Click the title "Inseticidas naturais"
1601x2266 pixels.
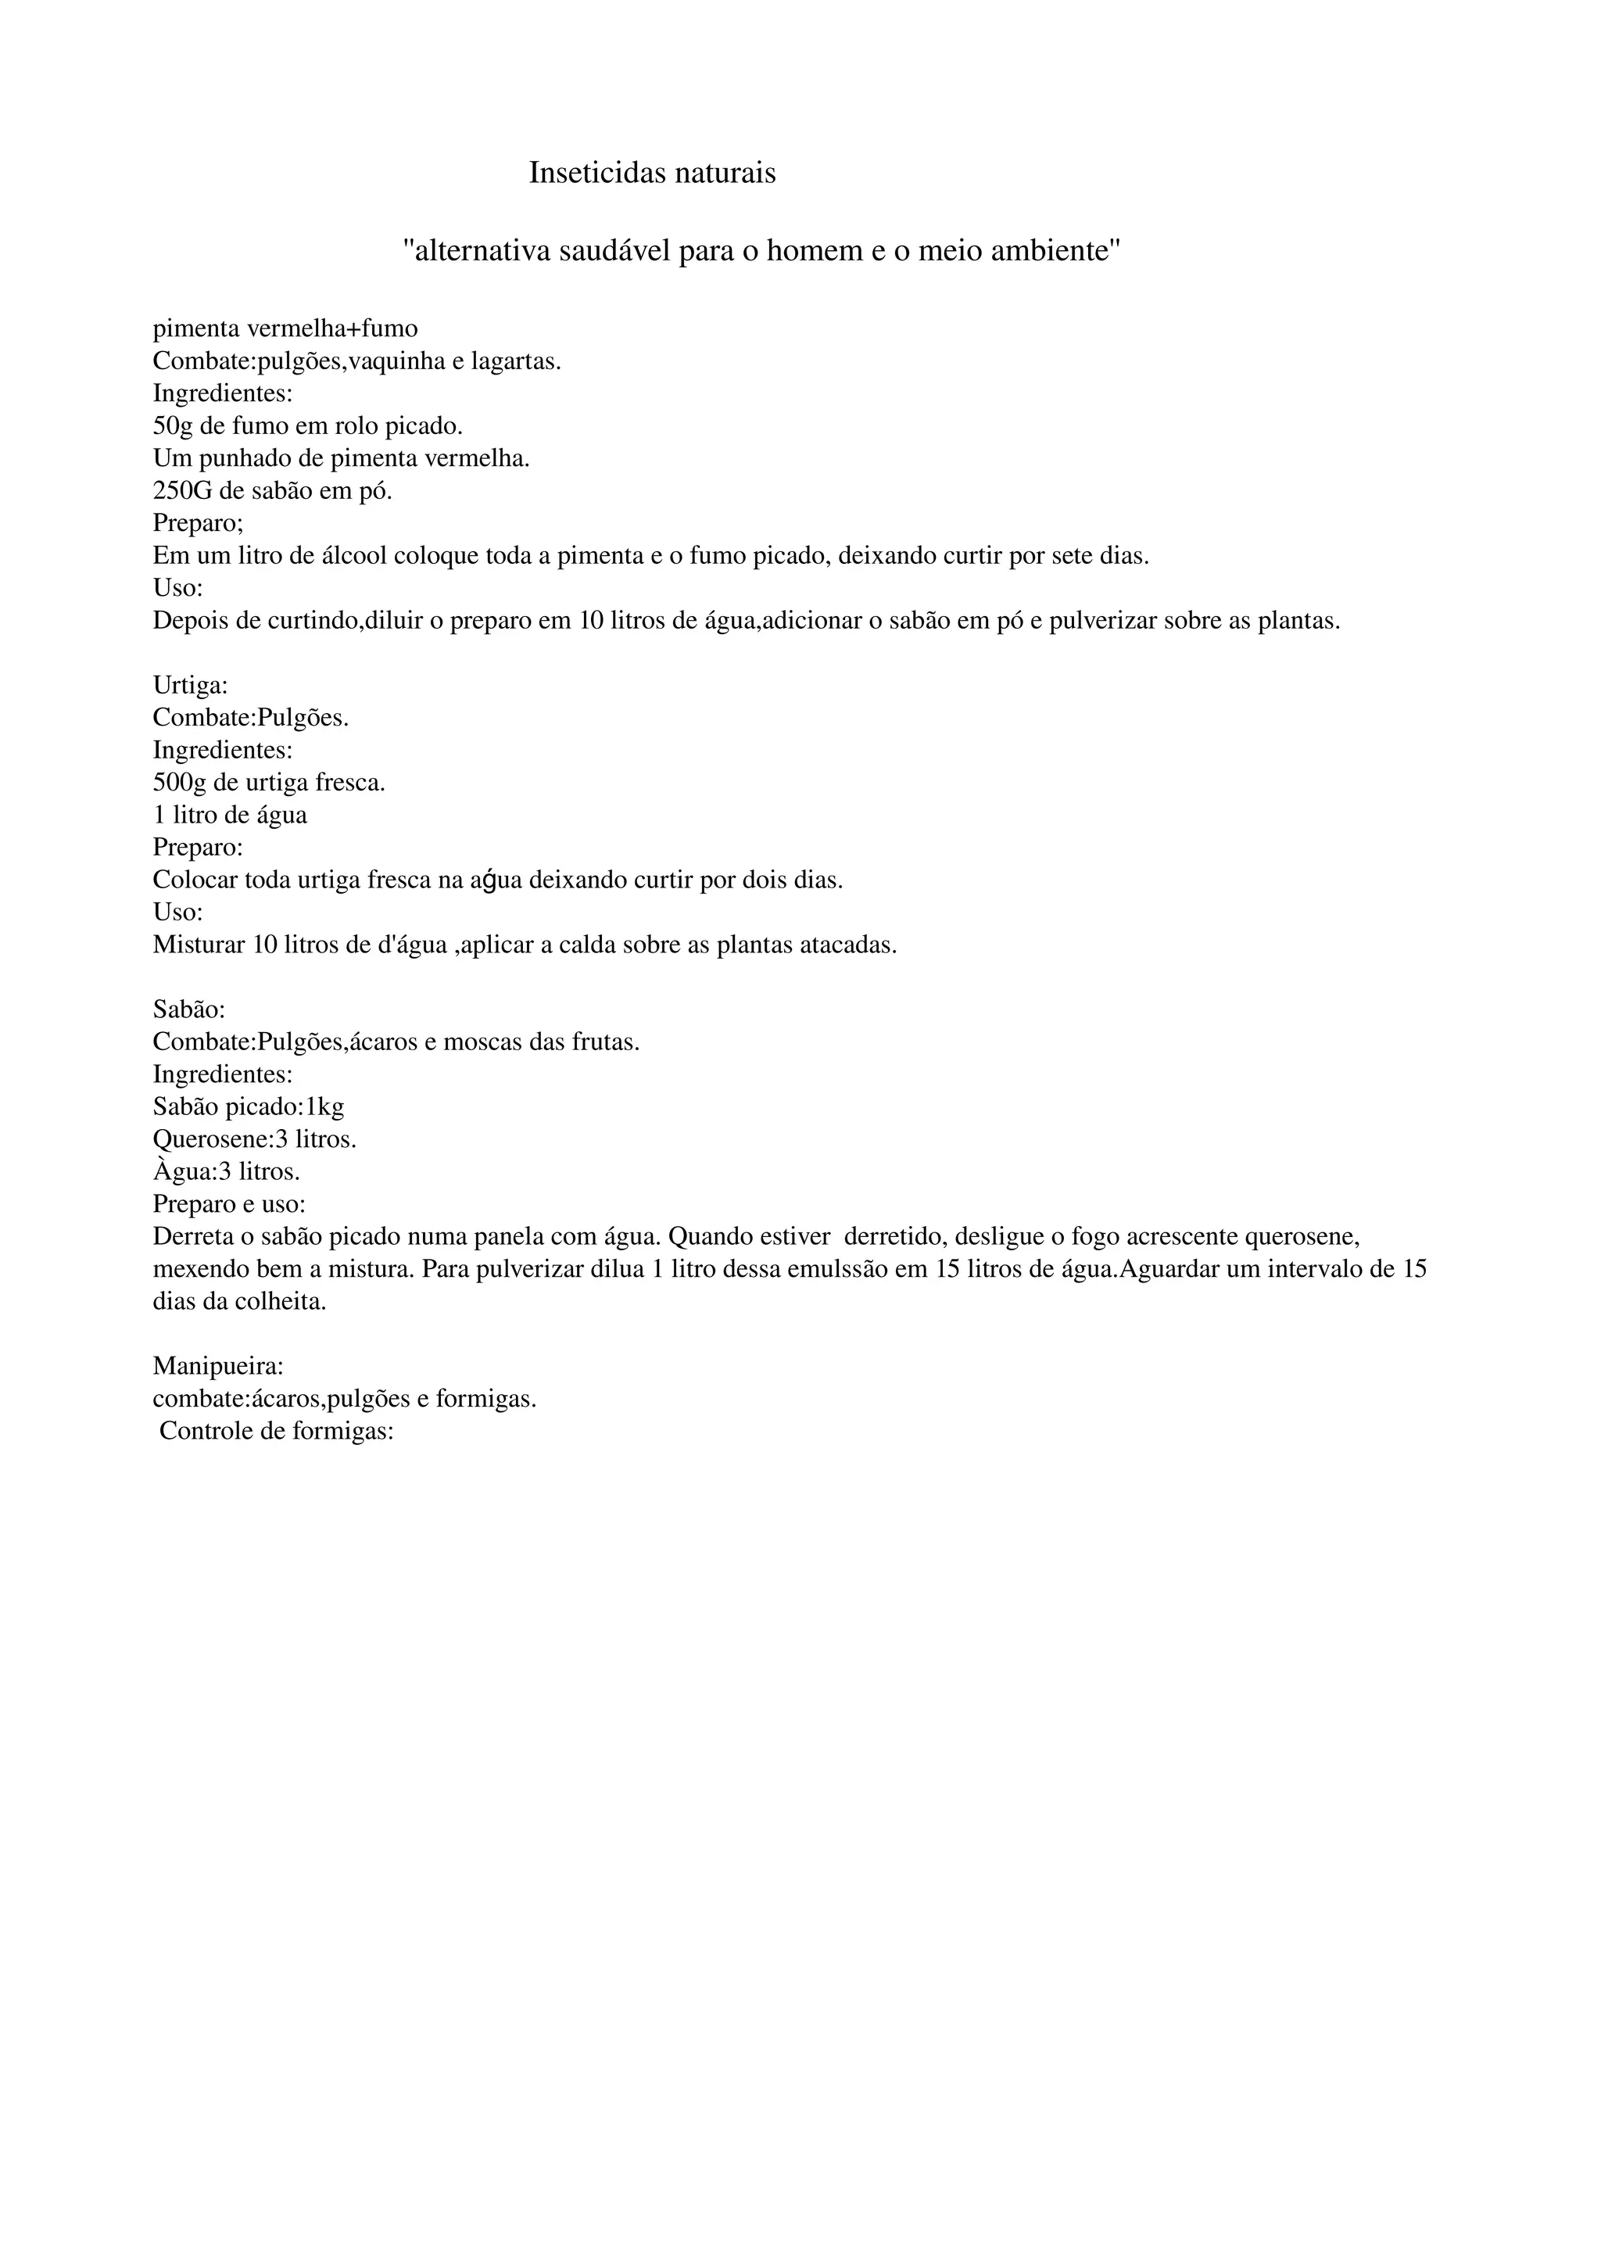652,173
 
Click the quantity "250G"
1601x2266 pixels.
184,490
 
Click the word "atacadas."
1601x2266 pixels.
847,945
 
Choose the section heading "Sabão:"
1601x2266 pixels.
189,1009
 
